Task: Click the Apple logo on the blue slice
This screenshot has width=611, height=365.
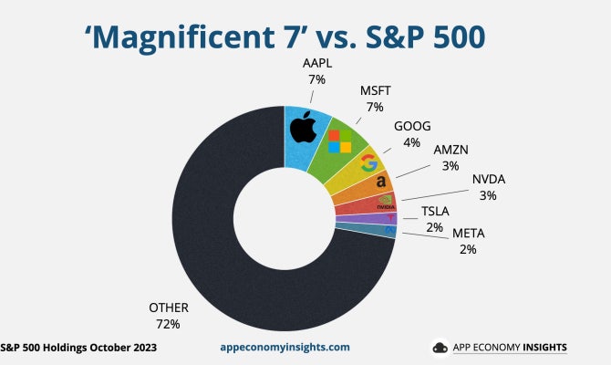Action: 302,128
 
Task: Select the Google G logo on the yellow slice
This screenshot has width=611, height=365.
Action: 368,163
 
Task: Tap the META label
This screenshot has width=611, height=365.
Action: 469,233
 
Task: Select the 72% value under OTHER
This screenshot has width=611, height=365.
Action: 168,324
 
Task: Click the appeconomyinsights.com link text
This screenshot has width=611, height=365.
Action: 285,348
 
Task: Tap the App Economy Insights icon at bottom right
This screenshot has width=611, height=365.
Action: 440,348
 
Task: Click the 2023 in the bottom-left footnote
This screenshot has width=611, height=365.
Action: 141,348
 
